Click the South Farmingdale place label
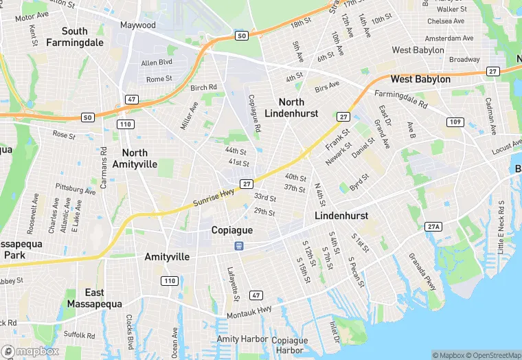[74, 36]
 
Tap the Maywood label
[138, 25]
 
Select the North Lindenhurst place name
[292, 107]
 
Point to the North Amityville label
[139, 158]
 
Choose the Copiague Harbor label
[289, 345]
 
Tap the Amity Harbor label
[238, 339]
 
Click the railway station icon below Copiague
[239, 245]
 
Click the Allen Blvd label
[157, 63]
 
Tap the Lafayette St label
[234, 284]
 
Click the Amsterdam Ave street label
[449, 38]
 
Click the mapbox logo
[31, 351]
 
